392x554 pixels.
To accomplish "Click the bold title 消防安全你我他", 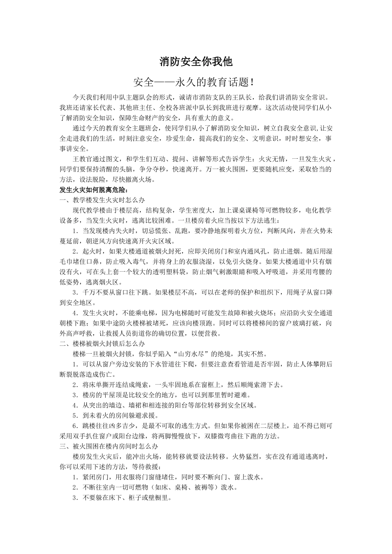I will tap(196, 62).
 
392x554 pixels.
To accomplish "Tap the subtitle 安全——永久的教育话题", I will tap(196, 82).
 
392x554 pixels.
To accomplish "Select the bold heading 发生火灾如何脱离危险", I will tap(94, 190).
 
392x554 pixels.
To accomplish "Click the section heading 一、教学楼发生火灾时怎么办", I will tap(102, 200).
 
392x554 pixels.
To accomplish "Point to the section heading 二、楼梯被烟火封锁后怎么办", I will tap(102, 343).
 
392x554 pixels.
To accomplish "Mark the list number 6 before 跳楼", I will tap(75, 425).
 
